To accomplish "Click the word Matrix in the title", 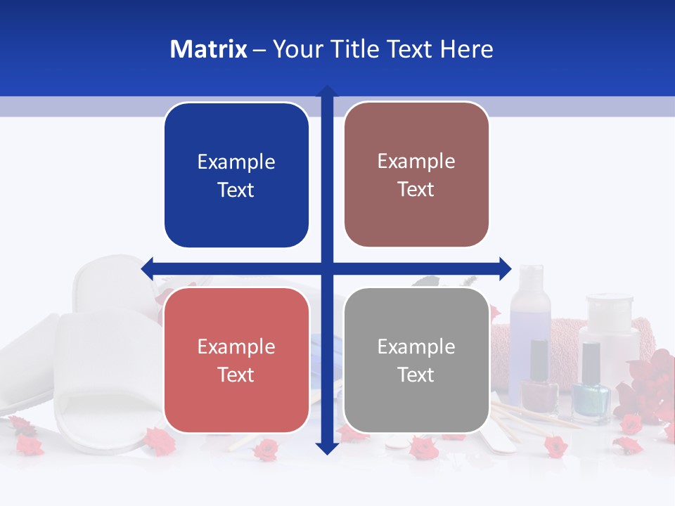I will [x=208, y=49].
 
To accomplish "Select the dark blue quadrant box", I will [x=236, y=175].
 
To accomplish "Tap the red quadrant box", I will [x=236, y=360].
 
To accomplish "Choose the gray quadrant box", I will [x=416, y=360].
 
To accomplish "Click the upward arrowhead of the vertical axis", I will [x=327, y=92].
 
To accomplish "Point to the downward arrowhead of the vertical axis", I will [x=327, y=448].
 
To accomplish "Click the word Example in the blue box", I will [x=236, y=162].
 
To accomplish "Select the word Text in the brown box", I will [x=416, y=190].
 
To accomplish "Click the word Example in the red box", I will [x=236, y=346].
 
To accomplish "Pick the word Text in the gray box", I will [x=416, y=375].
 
